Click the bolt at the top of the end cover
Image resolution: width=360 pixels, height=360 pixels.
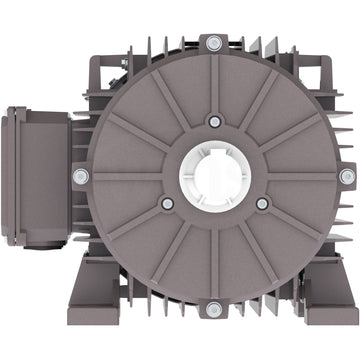[x=214, y=43]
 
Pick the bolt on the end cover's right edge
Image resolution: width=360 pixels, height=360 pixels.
[x=346, y=176]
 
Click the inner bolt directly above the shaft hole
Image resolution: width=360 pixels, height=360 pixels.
[x=214, y=121]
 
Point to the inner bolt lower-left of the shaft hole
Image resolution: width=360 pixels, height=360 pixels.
[x=167, y=203]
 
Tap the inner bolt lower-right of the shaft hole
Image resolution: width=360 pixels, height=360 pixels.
[x=262, y=203]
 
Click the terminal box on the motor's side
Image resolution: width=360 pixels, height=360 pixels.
[x=40, y=176]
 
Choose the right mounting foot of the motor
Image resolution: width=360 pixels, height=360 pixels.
[x=326, y=289]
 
